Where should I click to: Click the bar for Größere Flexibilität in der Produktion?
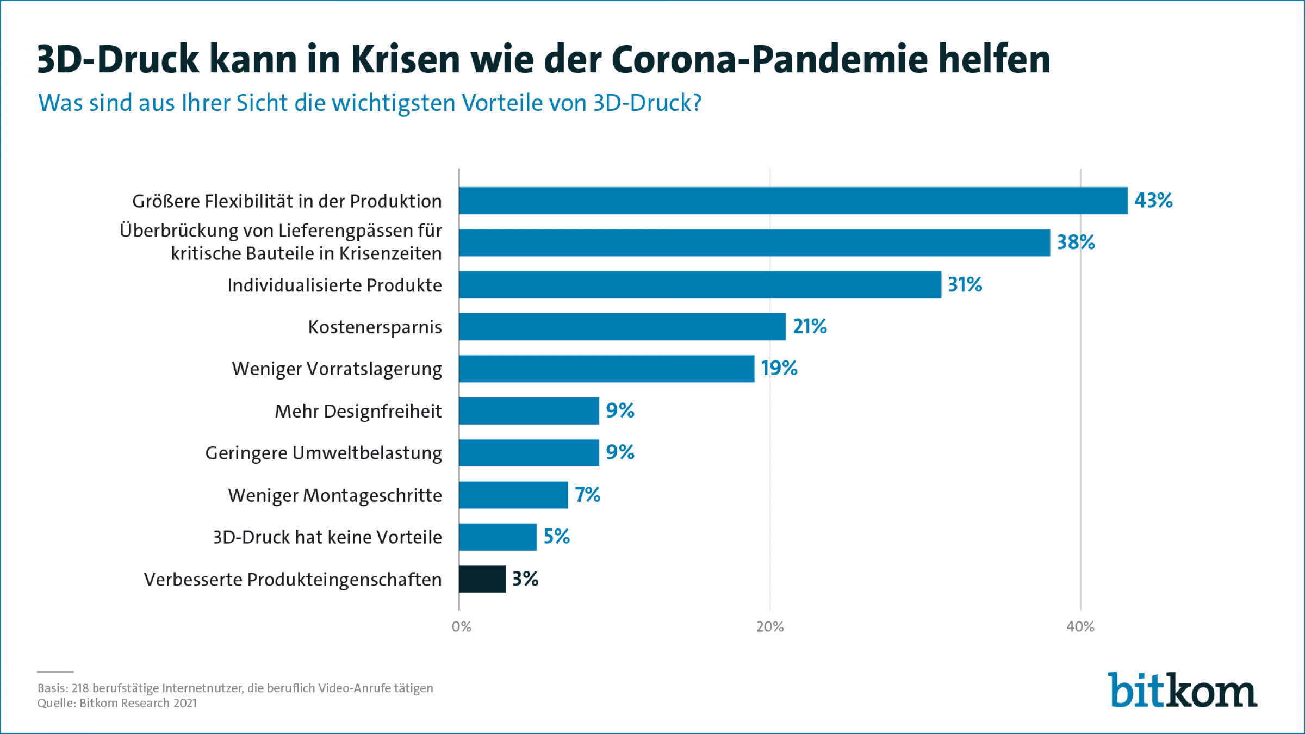(x=793, y=201)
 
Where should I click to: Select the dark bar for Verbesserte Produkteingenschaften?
(x=482, y=579)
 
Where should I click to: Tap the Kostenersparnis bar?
(x=622, y=327)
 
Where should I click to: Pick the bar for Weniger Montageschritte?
(x=513, y=495)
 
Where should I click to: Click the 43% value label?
(x=1153, y=201)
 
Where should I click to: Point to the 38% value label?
(x=1076, y=242)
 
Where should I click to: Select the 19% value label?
(x=779, y=369)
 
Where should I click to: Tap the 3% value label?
(x=525, y=579)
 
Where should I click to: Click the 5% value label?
(x=556, y=537)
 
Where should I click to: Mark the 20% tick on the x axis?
(x=770, y=627)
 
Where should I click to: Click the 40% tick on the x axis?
(x=1080, y=627)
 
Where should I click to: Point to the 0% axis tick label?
(x=461, y=627)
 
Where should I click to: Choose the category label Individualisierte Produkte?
(x=334, y=285)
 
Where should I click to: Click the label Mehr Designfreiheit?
(x=358, y=412)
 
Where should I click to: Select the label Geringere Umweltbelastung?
(x=324, y=453)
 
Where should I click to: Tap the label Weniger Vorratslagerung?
(x=337, y=369)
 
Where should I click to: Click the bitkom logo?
(x=1182, y=691)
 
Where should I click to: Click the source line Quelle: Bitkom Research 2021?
(x=117, y=703)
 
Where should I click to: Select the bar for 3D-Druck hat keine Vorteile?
(x=498, y=537)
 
